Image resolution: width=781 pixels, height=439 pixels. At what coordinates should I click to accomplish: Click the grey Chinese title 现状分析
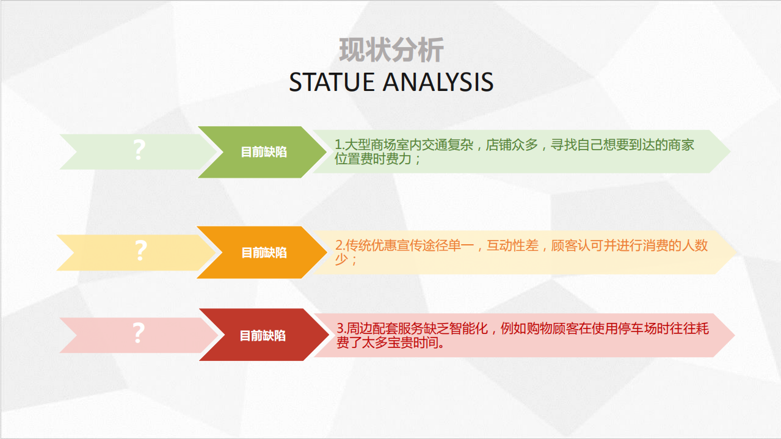(x=391, y=50)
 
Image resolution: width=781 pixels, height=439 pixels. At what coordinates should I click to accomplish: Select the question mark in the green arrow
(x=139, y=150)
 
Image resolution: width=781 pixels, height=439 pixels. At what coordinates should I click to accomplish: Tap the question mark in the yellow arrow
(x=141, y=251)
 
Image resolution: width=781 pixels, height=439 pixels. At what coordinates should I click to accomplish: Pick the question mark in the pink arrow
(x=139, y=333)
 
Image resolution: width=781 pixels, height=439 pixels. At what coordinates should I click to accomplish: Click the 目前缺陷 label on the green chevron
(x=264, y=152)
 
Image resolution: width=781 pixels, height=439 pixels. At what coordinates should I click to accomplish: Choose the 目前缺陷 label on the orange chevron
(x=264, y=253)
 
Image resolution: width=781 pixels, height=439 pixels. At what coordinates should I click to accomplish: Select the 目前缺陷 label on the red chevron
(x=263, y=335)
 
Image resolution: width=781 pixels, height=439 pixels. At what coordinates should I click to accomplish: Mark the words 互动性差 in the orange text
(x=512, y=245)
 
